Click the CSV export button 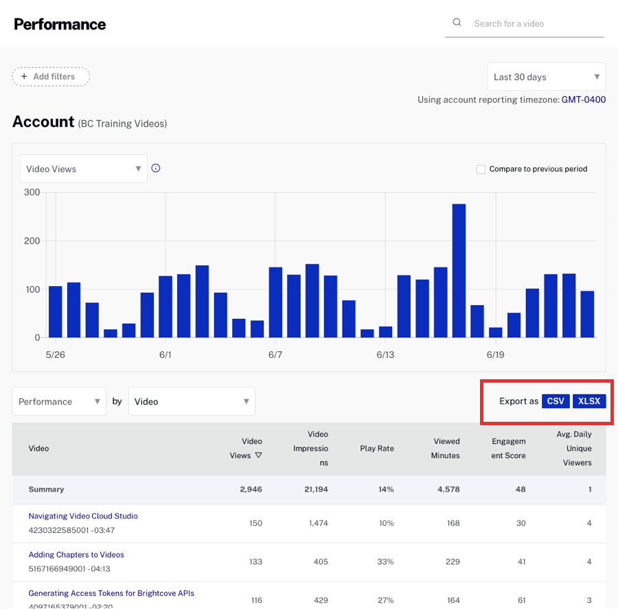click(556, 401)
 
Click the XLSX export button click(589, 401)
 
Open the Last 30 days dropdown click(547, 77)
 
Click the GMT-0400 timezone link click(584, 99)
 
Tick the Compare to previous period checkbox click(481, 169)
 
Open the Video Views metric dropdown click(83, 169)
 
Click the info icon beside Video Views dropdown click(156, 168)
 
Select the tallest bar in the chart click(459, 270)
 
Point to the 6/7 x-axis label click(275, 355)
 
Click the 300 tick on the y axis click(32, 192)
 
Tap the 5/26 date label click(55, 355)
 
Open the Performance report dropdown click(59, 401)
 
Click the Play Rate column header click(377, 449)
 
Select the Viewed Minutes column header click(446, 449)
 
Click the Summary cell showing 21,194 click(314, 490)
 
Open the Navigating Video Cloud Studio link click(83, 516)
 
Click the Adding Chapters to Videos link click(76, 554)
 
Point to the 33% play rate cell click(385, 562)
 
